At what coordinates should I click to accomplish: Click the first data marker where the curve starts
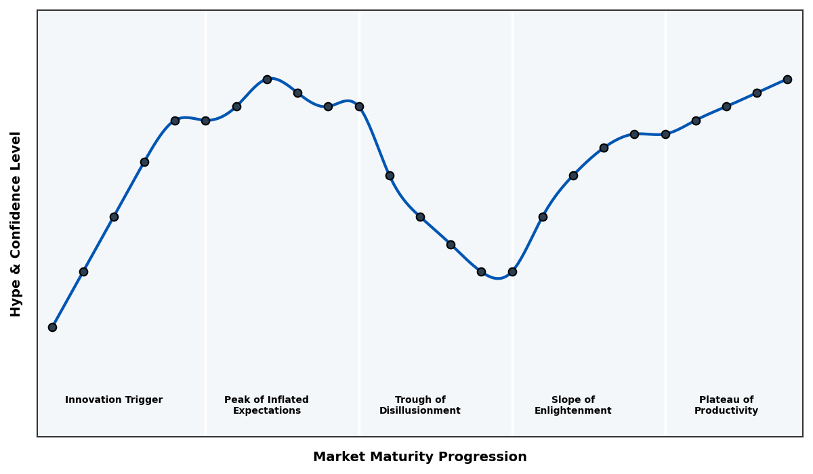(52, 327)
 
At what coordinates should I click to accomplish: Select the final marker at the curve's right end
(787, 79)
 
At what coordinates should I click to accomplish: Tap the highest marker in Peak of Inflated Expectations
(267, 79)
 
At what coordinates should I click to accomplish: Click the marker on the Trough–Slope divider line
(512, 272)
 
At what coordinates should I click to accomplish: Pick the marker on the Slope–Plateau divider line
(665, 134)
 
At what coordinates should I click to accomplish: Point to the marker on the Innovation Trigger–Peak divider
(205, 121)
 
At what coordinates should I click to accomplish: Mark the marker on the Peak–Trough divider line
(359, 106)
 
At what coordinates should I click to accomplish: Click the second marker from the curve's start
(83, 272)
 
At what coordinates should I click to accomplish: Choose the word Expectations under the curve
(267, 411)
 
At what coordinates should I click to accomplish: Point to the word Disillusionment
(420, 411)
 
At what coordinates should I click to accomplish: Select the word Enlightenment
(573, 411)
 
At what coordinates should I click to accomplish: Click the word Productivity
(726, 411)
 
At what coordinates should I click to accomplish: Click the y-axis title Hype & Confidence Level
(16, 223)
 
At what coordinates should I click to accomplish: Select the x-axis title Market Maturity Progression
(420, 457)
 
